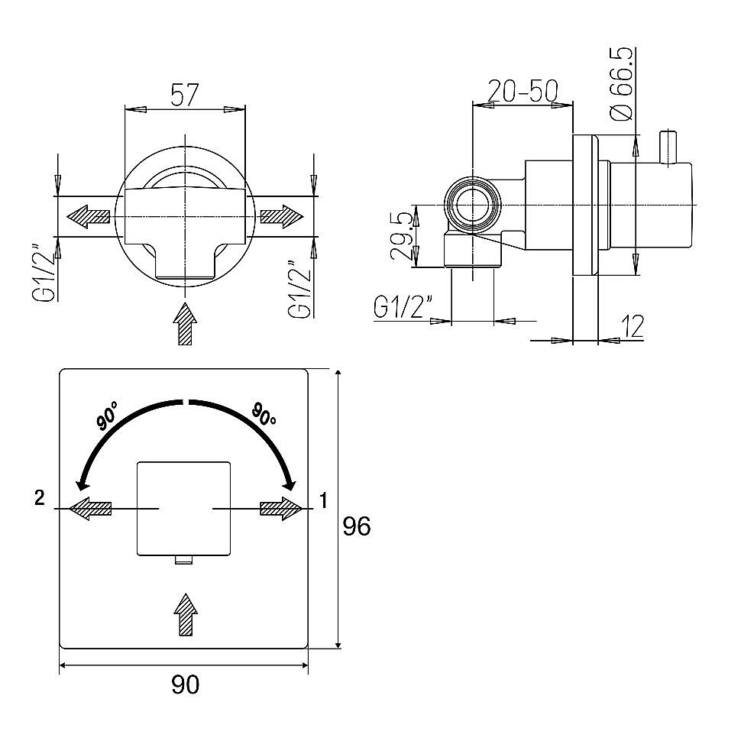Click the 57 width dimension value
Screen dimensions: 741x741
point(185,95)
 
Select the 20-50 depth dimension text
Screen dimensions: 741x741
point(523,91)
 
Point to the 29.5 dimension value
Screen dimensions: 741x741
point(401,236)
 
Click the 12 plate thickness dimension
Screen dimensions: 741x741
point(633,326)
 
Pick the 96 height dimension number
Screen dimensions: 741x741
point(357,526)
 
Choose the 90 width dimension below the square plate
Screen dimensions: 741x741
point(185,684)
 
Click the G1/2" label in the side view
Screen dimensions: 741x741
point(403,306)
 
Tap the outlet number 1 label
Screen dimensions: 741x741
point(323,500)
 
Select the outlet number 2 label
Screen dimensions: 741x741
point(40,497)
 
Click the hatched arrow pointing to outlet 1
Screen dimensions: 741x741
point(281,509)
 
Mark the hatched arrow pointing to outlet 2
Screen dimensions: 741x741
point(90,509)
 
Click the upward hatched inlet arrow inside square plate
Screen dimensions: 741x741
point(186,614)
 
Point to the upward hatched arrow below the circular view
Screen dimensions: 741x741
point(185,324)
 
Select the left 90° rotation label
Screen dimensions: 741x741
point(107,416)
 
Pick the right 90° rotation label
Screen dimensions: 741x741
point(264,413)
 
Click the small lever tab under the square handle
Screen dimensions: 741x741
point(184,559)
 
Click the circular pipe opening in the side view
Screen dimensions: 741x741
point(473,205)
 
